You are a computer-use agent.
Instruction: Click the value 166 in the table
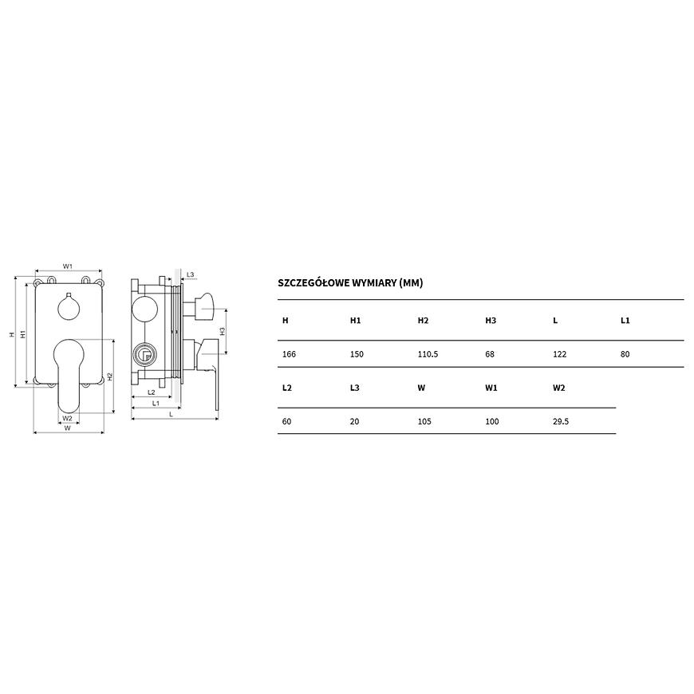coord(289,354)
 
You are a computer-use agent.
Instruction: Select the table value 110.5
coord(428,354)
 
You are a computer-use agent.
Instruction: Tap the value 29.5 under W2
coord(561,421)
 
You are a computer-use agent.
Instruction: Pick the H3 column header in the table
coord(491,321)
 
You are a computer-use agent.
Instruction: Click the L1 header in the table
coord(625,321)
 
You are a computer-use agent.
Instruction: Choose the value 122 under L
coord(559,354)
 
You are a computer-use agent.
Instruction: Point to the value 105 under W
coord(424,421)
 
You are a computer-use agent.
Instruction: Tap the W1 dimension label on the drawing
coord(67,266)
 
